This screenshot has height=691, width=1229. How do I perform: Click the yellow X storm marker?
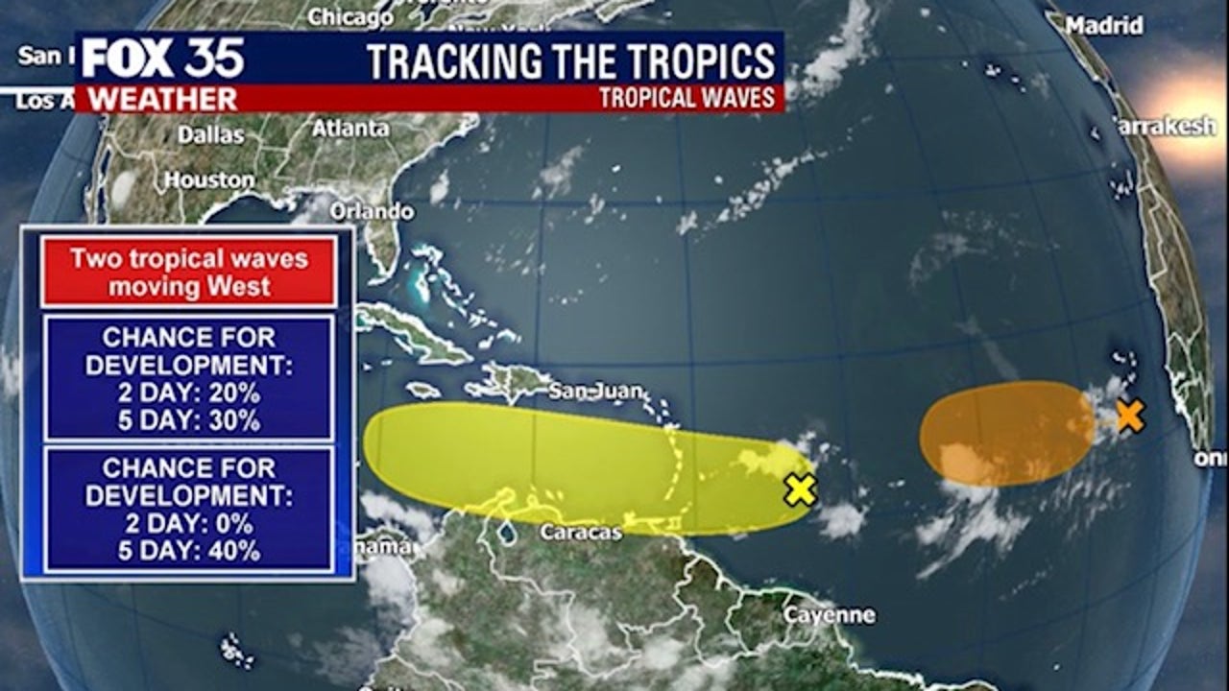pyautogui.click(x=800, y=489)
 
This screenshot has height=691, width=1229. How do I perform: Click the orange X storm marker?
pyautogui.click(x=1130, y=417)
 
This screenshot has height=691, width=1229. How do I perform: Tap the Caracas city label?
pyautogui.click(x=580, y=532)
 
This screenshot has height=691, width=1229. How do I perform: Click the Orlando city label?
pyautogui.click(x=372, y=211)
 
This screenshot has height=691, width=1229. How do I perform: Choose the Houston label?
pyautogui.click(x=208, y=179)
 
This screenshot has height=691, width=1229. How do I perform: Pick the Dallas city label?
pyautogui.click(x=210, y=134)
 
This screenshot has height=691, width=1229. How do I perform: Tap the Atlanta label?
pyautogui.click(x=350, y=128)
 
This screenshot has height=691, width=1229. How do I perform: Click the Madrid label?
pyautogui.click(x=1104, y=26)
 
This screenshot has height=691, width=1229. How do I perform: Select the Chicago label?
pyautogui.click(x=350, y=16)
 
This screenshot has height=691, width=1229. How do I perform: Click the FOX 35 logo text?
pyautogui.click(x=162, y=60)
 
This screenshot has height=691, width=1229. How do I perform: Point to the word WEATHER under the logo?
pyautogui.click(x=162, y=99)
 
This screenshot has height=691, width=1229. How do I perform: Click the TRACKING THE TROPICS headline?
pyautogui.click(x=571, y=60)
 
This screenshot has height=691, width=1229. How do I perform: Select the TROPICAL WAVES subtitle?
pyautogui.click(x=687, y=98)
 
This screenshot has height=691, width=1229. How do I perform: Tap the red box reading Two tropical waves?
pyautogui.click(x=189, y=273)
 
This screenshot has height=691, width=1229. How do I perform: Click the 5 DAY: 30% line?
pyautogui.click(x=189, y=419)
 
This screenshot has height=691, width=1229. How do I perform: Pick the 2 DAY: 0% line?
pyautogui.click(x=189, y=524)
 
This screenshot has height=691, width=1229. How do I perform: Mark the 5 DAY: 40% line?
pyautogui.click(x=189, y=551)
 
